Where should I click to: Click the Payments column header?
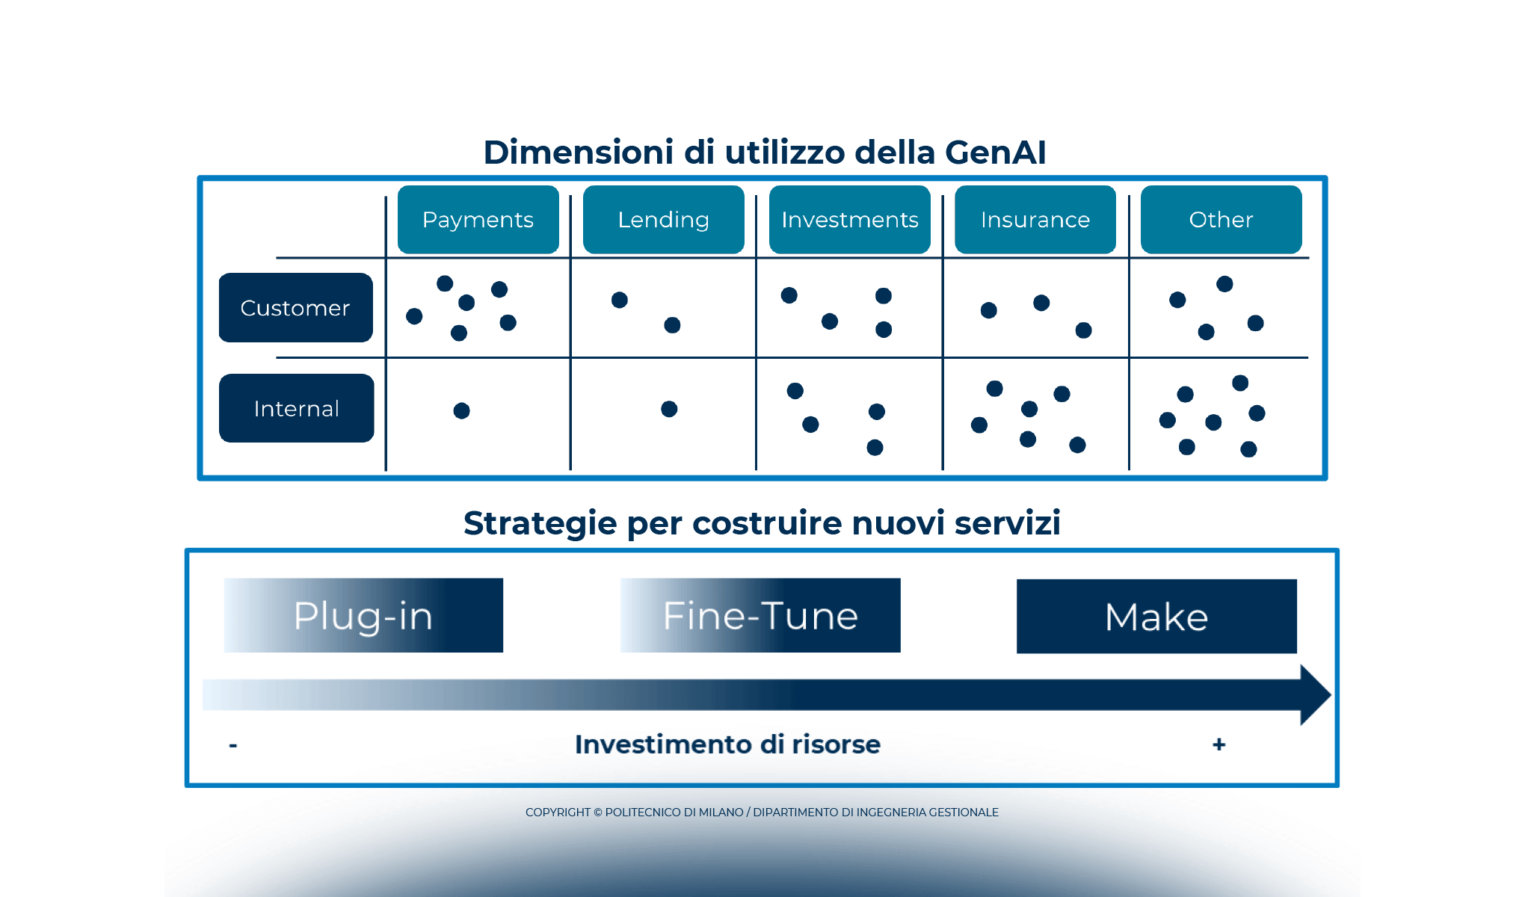pos(478,220)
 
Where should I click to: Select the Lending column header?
pos(663,220)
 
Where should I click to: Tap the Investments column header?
pos(849,220)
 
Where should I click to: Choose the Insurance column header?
pos(1035,220)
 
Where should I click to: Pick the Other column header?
pos(1221,220)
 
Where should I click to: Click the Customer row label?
pos(295,308)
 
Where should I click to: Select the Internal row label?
pos(296,408)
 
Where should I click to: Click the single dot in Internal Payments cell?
pos(461,410)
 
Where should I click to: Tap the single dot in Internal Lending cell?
pos(669,409)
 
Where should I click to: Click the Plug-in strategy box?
pos(363,615)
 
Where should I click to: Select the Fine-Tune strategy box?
pos(760,615)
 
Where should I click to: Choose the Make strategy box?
pos(1156,617)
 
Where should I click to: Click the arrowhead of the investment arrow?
pos(1314,694)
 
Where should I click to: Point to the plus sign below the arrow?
pos(1219,745)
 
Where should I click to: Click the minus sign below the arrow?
pos(233,745)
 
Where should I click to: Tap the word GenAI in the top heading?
pos(995,152)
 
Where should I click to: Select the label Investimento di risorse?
pos(727,745)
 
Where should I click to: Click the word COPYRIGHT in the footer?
pos(558,813)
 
